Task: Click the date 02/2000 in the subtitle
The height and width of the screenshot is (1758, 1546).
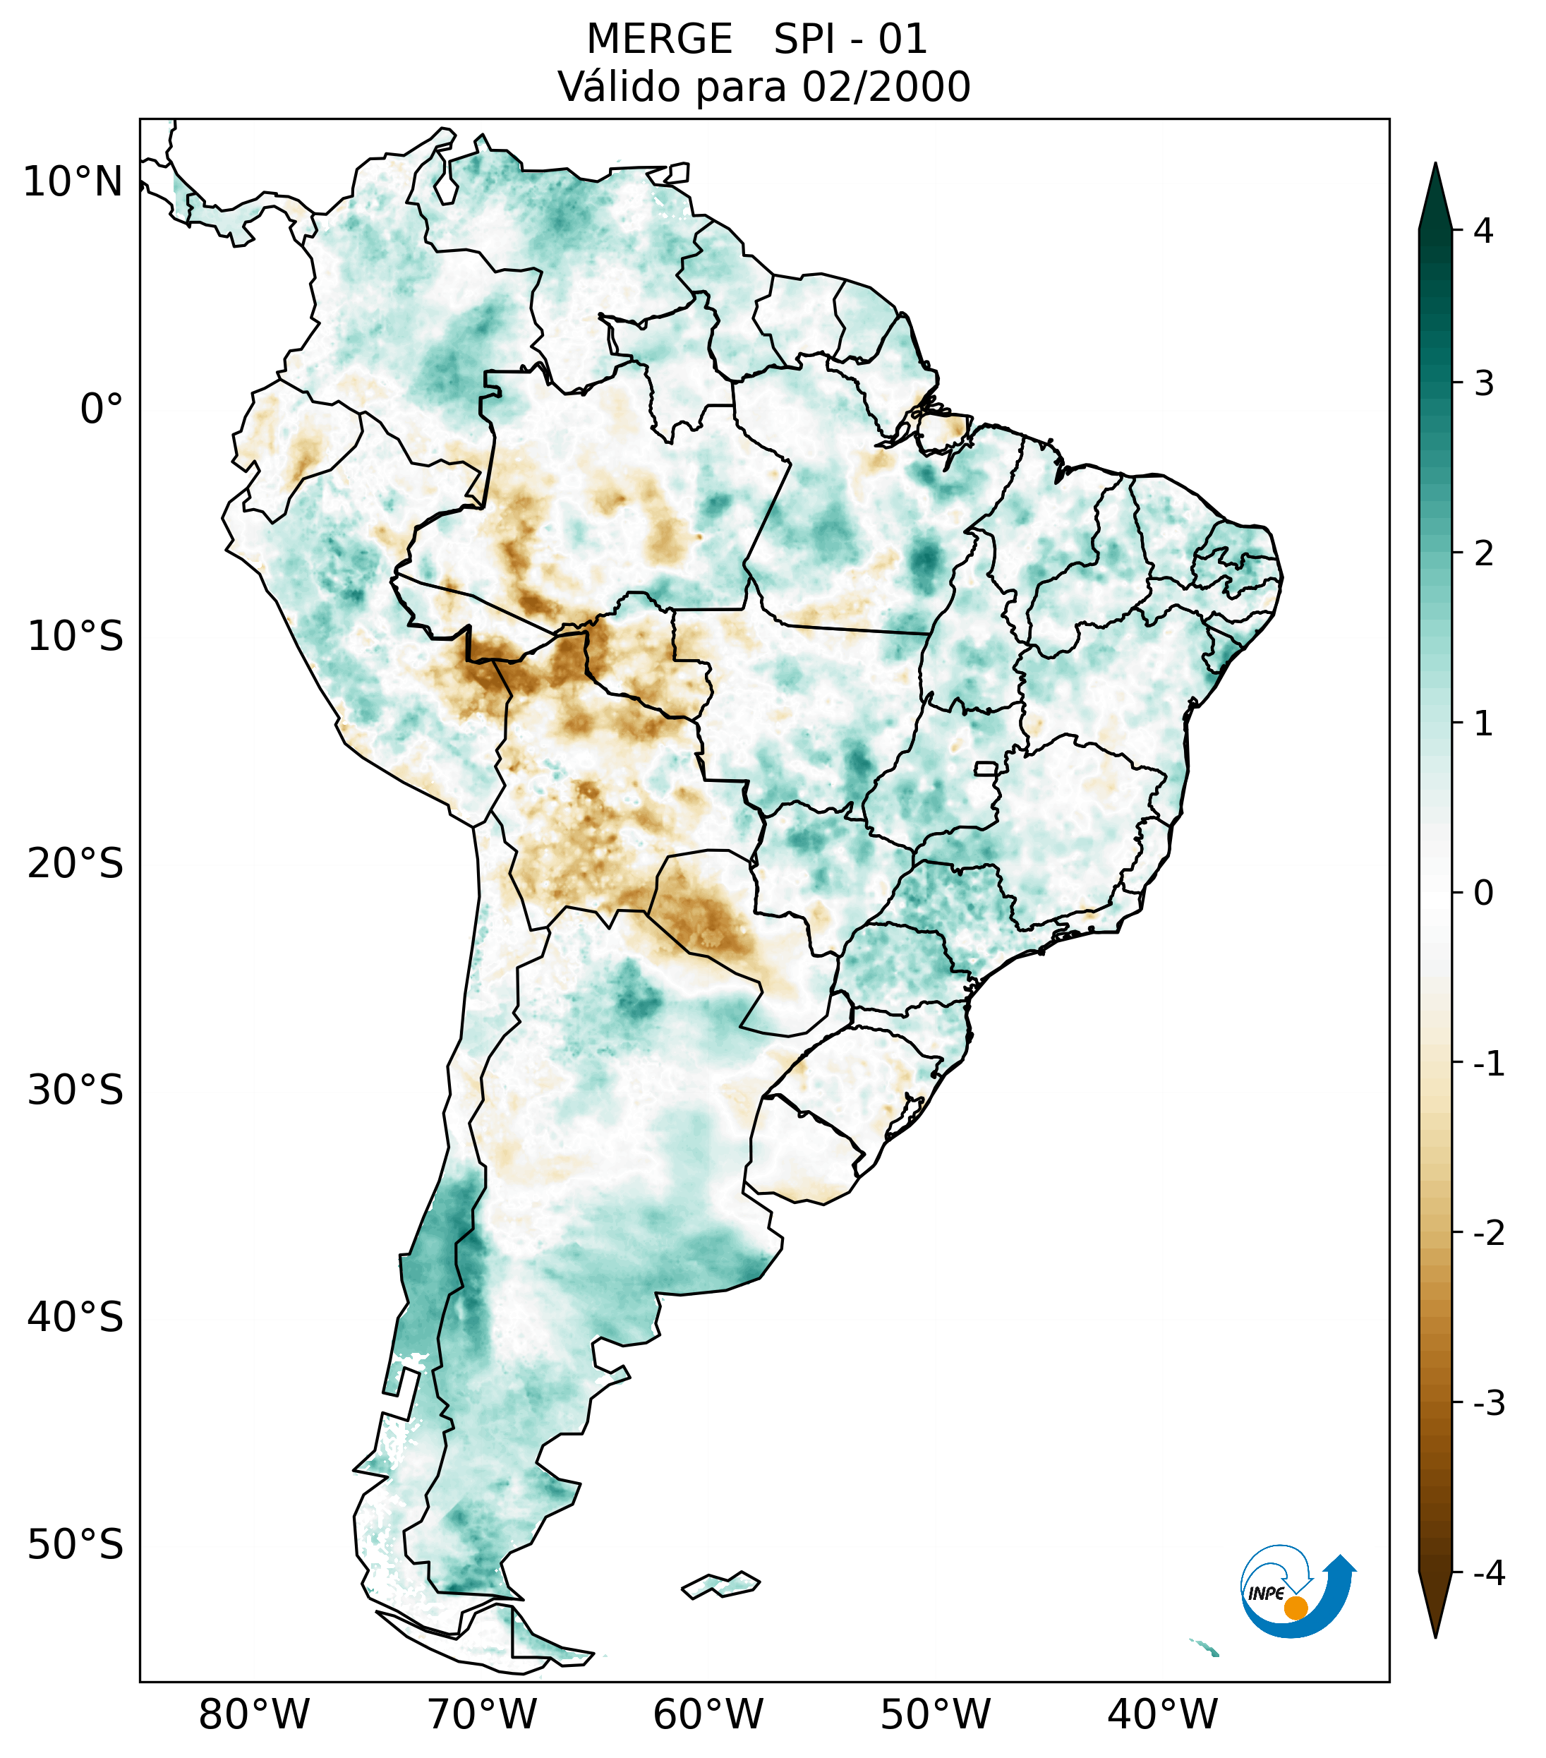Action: (886, 87)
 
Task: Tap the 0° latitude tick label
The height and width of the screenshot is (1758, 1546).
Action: (102, 409)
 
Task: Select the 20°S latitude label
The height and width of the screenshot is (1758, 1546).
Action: (76, 864)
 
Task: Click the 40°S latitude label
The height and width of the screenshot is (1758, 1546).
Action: (76, 1317)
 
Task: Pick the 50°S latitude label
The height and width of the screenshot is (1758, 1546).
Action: (76, 1545)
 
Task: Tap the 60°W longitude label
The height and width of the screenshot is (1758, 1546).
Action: (708, 1714)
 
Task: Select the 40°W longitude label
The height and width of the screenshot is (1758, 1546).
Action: (1163, 1714)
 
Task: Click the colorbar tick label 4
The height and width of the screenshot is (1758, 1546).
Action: (1483, 231)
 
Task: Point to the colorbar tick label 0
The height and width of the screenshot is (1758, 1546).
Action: (1483, 893)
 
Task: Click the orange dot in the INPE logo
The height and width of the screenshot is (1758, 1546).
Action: (1295, 1607)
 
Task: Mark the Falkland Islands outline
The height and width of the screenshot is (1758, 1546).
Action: (720, 1584)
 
